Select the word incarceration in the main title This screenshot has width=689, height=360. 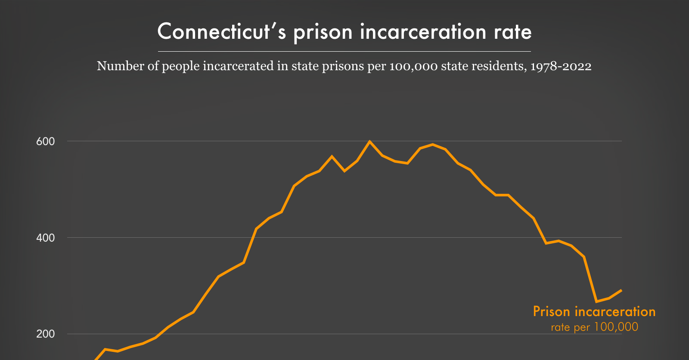point(423,32)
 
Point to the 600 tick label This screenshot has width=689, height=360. point(45,142)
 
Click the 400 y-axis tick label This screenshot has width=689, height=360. point(45,238)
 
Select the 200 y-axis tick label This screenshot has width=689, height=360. point(45,334)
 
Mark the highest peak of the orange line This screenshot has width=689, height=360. point(369,141)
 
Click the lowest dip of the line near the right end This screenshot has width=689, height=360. point(596,301)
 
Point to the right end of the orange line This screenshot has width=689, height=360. point(621,290)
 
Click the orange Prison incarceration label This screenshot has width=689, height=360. point(594,311)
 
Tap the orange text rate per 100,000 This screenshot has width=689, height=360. point(594,327)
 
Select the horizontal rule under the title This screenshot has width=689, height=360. point(344,51)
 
